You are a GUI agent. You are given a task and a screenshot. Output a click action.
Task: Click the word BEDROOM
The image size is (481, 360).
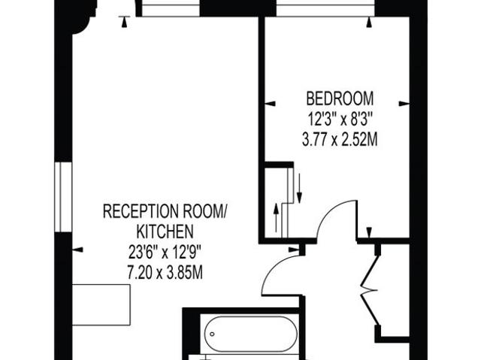click(x=340, y=98)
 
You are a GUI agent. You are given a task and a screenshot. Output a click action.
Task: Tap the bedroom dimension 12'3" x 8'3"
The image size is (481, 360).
click(x=340, y=119)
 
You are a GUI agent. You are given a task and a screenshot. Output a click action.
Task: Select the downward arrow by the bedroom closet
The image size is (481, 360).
click(x=299, y=188)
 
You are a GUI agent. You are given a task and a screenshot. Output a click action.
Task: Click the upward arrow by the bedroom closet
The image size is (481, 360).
click(x=277, y=217)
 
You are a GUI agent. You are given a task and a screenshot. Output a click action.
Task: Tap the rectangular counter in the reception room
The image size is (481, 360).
click(x=101, y=305)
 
